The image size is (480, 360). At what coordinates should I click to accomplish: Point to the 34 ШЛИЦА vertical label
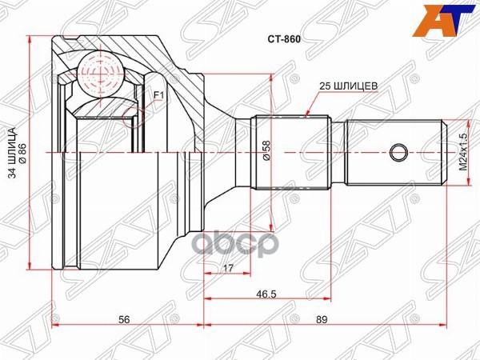click(x=12, y=152)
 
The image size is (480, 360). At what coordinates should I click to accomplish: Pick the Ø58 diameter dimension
click(x=267, y=151)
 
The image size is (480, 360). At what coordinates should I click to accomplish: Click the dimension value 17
click(x=230, y=269)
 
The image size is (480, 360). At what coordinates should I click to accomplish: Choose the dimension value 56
click(x=124, y=319)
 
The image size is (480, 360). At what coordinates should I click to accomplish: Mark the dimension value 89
click(x=321, y=319)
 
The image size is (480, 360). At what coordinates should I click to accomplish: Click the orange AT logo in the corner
click(x=450, y=18)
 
